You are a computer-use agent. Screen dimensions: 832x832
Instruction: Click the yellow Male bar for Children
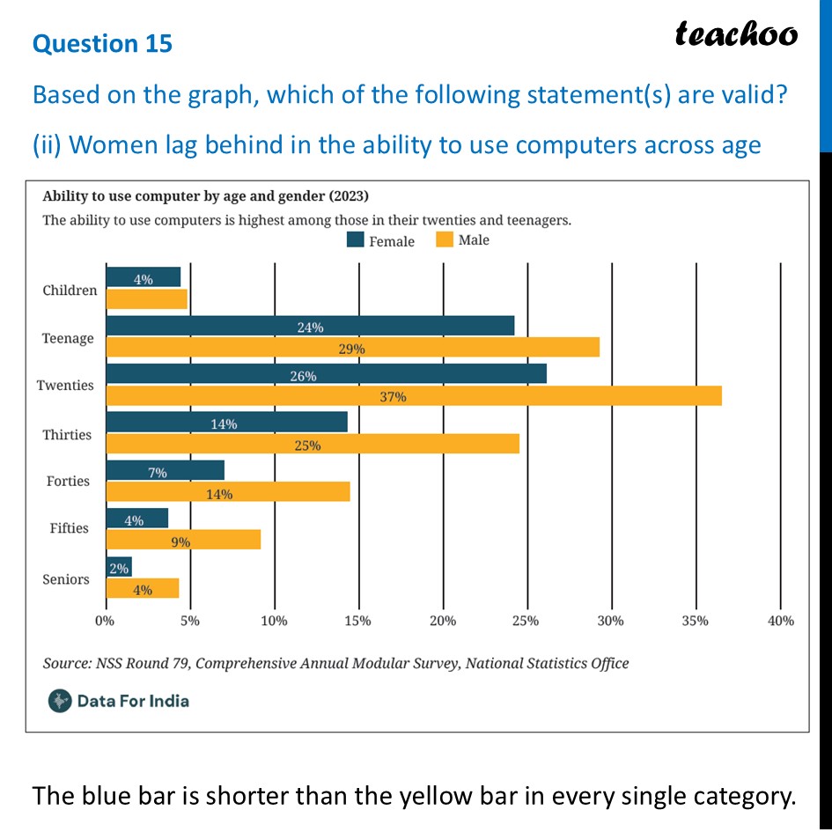146,299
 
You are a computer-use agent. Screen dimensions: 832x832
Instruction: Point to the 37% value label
393,396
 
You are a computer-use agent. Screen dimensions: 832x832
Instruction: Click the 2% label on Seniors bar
118,569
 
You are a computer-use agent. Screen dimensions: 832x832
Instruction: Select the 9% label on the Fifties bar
181,541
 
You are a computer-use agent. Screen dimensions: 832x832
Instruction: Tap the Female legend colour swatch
356,240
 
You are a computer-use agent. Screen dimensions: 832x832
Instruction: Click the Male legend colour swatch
444,239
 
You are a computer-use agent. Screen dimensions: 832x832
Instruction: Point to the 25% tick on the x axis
526,621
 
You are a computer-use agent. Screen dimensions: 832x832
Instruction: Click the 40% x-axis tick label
781,621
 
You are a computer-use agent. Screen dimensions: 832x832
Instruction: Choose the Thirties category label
68,435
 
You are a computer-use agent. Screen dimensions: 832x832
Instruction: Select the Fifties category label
70,528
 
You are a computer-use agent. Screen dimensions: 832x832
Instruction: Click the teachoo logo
736,34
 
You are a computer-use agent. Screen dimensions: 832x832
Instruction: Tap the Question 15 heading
103,44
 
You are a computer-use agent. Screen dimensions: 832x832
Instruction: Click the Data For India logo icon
60,701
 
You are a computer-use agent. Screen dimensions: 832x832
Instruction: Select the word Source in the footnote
67,663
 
